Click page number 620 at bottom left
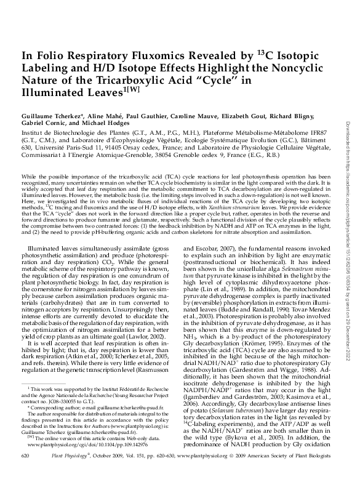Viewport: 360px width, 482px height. (26, 471)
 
